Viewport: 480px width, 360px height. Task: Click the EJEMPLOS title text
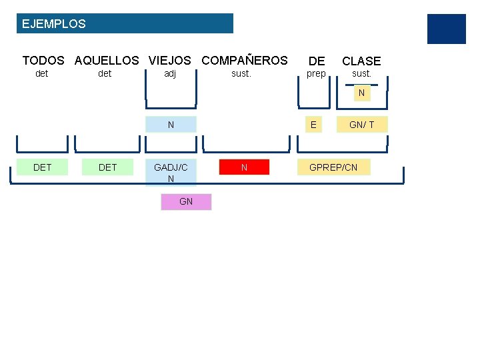(x=54, y=24)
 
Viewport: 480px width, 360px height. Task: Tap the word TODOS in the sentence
(x=43, y=61)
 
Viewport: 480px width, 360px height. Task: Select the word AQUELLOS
(x=107, y=61)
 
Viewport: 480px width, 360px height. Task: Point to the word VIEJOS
(x=169, y=61)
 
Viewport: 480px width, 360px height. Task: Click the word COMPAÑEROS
(x=244, y=61)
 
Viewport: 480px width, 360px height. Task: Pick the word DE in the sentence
(x=317, y=61)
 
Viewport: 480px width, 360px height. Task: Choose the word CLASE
(x=361, y=61)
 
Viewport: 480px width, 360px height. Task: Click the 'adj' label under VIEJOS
(x=170, y=73)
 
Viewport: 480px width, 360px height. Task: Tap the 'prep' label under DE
(x=316, y=73)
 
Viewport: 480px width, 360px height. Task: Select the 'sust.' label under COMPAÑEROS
(x=241, y=73)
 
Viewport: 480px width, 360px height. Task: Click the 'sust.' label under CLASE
(x=361, y=73)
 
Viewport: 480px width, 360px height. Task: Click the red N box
(x=244, y=167)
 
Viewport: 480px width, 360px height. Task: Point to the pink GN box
(x=186, y=201)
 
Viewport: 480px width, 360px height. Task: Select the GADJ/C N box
(x=171, y=173)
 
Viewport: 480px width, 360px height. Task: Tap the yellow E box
(x=313, y=125)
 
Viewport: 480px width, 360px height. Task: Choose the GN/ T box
(x=362, y=125)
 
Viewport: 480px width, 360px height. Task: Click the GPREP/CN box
(x=333, y=167)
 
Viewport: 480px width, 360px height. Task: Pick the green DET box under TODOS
(x=42, y=167)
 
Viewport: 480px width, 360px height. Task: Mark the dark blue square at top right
(x=446, y=29)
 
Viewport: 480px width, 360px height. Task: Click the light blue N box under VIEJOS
(x=171, y=125)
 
